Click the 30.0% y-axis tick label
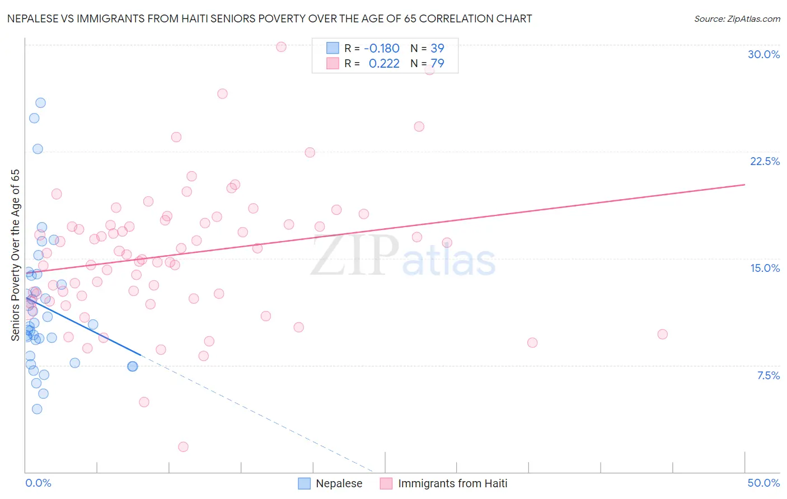[763, 54]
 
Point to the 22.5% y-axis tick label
[765, 161]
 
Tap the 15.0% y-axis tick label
[765, 268]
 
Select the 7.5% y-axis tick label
[768, 375]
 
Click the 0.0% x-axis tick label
[38, 483]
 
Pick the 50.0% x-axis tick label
[763, 483]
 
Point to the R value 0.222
[384, 63]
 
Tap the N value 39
[437, 48]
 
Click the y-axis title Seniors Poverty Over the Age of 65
[15, 255]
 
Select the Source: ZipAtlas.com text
[737, 18]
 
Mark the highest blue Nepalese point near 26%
[40, 102]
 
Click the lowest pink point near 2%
[183, 446]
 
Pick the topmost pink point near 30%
[281, 46]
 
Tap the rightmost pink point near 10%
[662, 334]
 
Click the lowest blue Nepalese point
[37, 409]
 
